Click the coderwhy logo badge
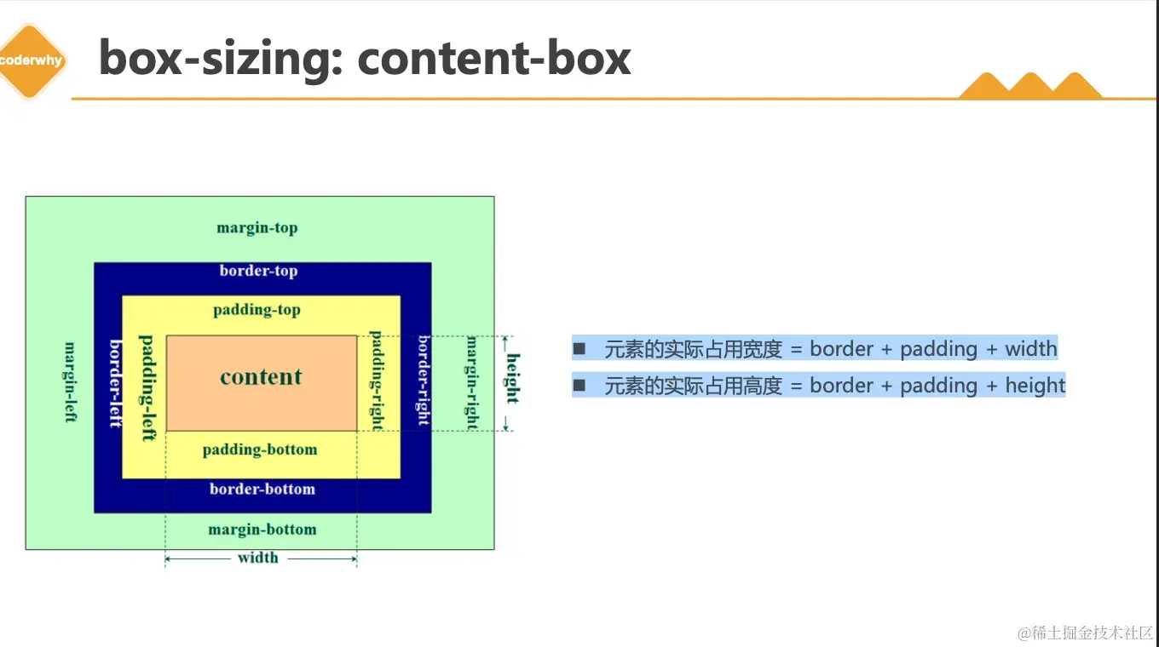(x=31, y=61)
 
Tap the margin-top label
(x=257, y=228)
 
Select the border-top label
(x=258, y=271)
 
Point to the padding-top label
(x=257, y=310)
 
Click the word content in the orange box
(x=261, y=377)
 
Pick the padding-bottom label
(x=260, y=449)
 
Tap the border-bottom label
(x=262, y=490)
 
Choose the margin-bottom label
(x=262, y=530)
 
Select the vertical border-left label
(x=116, y=383)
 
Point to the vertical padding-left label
(x=147, y=387)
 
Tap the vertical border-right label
(x=423, y=381)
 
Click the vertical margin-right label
(x=471, y=382)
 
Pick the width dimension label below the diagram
(x=258, y=558)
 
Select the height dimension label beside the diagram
(x=512, y=378)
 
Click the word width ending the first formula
(x=1030, y=348)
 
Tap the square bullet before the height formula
(x=580, y=386)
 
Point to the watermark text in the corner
(x=1084, y=633)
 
